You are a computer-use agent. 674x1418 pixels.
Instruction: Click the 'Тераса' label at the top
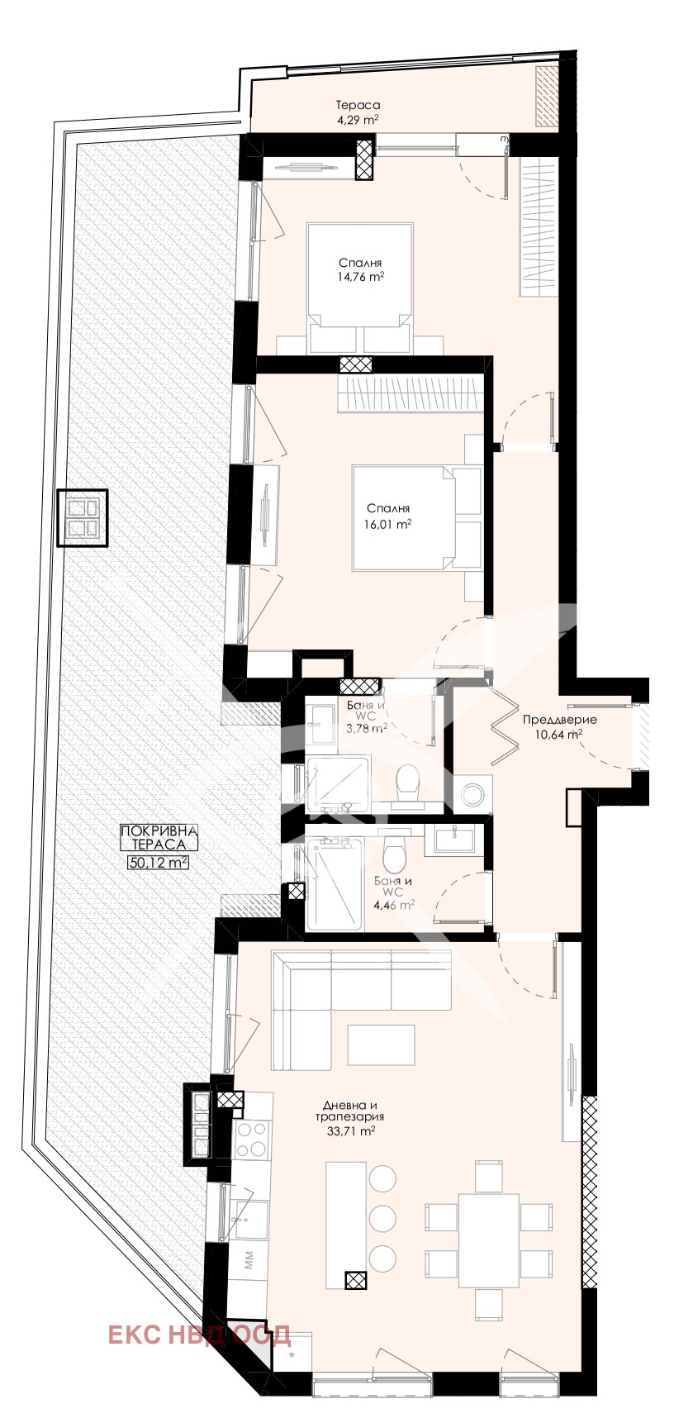pyautogui.click(x=358, y=105)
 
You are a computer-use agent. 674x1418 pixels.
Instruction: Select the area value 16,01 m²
pyautogui.click(x=388, y=524)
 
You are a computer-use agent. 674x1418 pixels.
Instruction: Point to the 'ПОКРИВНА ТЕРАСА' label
pyautogui.click(x=159, y=838)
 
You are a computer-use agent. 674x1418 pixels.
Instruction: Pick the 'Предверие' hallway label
pyautogui.click(x=559, y=719)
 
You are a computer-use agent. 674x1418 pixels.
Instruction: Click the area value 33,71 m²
pyautogui.click(x=349, y=1131)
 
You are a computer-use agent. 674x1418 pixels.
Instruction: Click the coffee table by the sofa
pyautogui.click(x=381, y=1044)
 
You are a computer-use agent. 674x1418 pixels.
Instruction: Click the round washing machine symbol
pyautogui.click(x=472, y=795)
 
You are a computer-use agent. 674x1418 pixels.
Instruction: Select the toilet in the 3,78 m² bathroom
pyautogui.click(x=407, y=783)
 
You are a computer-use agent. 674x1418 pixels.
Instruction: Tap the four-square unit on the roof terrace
pyautogui.click(x=83, y=518)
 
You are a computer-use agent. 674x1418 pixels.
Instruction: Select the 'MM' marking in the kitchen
pyautogui.click(x=249, y=1260)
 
